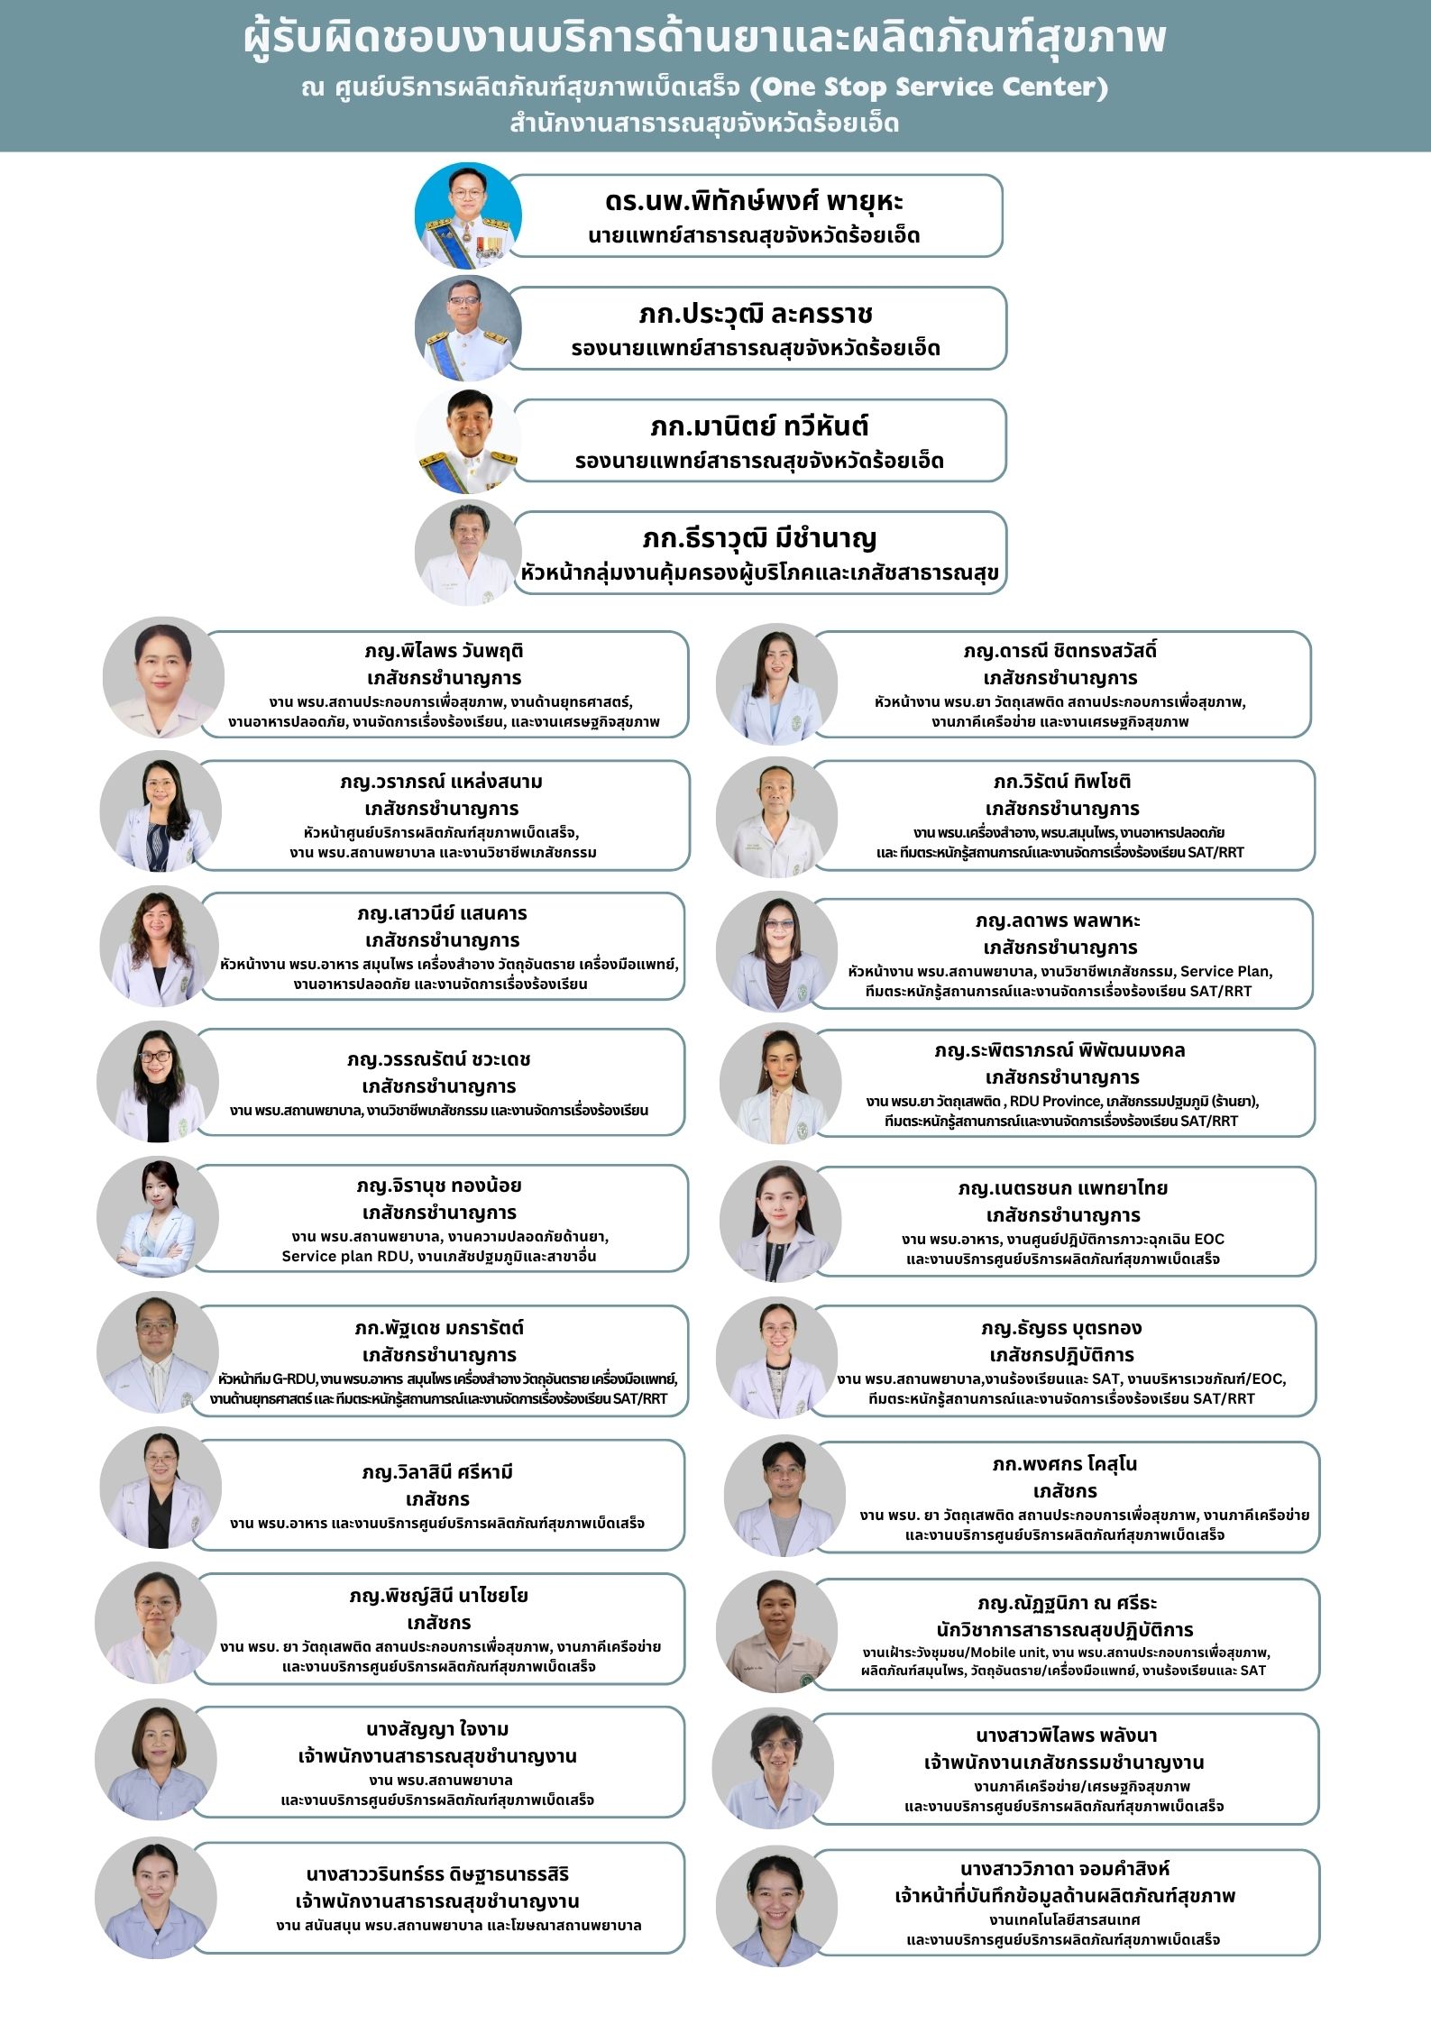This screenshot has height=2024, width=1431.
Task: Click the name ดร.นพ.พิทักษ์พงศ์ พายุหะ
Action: [754, 200]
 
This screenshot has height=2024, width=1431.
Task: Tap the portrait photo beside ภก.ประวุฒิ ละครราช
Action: [468, 328]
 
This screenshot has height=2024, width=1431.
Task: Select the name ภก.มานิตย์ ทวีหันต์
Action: [759, 426]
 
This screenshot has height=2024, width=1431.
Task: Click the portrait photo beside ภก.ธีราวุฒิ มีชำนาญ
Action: [468, 553]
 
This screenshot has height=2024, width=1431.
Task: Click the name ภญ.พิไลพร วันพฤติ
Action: [444, 651]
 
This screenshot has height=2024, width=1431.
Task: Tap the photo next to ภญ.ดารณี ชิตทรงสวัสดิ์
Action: [776, 683]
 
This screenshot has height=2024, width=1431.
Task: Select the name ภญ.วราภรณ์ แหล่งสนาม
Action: [442, 782]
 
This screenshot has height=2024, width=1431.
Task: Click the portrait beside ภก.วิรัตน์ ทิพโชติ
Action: [776, 817]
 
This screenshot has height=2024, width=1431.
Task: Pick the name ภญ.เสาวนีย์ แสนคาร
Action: [442, 913]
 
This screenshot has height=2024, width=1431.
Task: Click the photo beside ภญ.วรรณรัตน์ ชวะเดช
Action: [158, 1082]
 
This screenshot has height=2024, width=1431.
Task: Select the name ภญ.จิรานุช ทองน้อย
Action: [439, 1186]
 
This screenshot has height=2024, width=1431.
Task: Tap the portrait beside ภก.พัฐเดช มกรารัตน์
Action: [158, 1351]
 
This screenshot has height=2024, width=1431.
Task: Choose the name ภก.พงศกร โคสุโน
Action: [1064, 1464]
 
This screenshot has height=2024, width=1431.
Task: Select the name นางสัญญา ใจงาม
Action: [437, 1729]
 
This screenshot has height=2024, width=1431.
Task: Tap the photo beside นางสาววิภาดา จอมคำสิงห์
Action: [776, 1906]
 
